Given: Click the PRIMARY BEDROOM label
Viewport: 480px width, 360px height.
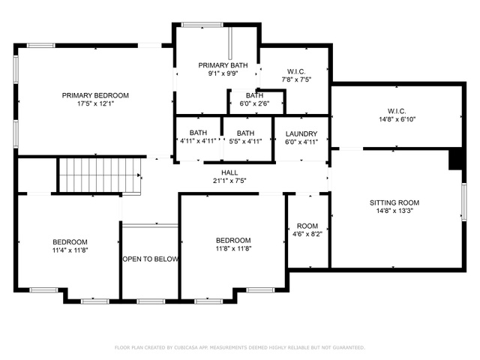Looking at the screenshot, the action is point(95,95).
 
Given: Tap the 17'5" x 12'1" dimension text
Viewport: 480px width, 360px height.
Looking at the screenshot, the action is point(95,103).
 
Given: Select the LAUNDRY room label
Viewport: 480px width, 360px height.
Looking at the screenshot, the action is point(301,133).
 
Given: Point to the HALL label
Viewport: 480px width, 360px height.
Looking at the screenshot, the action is point(229,172).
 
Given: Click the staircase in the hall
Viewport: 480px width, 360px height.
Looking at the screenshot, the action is point(100,175).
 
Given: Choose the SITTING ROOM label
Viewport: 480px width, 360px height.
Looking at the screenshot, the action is point(394,202).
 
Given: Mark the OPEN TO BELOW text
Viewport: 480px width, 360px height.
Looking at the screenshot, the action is point(150,259).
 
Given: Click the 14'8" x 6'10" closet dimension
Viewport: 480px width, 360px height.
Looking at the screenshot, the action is point(397,119).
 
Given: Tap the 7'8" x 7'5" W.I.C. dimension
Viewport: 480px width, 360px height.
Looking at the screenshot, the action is point(296,79).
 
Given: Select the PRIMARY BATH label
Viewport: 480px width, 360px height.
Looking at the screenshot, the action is point(223,65).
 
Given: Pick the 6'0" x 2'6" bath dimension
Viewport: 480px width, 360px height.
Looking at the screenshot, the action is point(254,103).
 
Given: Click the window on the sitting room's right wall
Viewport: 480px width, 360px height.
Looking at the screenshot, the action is point(464,202).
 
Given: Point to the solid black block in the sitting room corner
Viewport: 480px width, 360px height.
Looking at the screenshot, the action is point(455,159).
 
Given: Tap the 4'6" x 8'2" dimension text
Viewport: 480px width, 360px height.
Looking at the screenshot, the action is point(307,234).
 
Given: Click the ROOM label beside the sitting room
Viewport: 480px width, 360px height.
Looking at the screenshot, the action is point(307,226).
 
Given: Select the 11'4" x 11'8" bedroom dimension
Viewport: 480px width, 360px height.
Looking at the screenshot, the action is point(70,250).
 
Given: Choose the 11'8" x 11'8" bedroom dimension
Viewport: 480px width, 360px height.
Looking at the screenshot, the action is point(233,248).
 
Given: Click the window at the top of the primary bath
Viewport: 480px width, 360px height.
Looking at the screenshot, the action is point(202,25).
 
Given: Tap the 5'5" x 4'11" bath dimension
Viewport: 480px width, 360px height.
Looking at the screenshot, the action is point(245,142).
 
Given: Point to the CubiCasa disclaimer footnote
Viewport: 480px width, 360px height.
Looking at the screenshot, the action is point(240,347).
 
